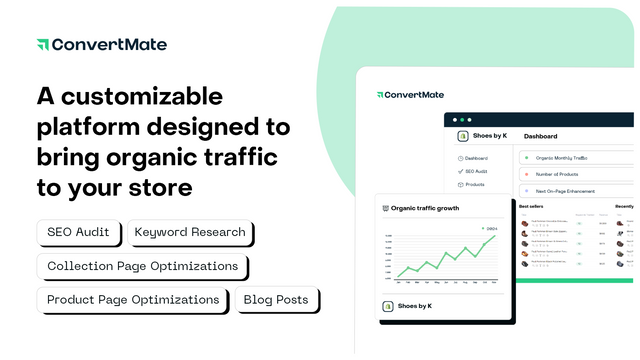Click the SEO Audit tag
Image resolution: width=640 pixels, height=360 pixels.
coord(80,233)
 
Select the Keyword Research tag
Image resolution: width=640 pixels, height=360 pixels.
coord(190,233)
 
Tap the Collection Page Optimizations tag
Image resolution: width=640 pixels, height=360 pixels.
coord(142,267)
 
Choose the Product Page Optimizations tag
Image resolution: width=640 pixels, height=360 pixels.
coord(132,300)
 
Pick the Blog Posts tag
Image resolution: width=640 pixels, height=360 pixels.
coord(279,300)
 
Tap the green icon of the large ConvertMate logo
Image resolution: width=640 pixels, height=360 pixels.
coord(42,45)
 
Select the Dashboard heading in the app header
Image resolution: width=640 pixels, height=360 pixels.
coord(541,136)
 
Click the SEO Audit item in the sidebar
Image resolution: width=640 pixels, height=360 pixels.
coord(475,171)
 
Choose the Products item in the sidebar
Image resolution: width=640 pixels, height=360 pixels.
coord(474,184)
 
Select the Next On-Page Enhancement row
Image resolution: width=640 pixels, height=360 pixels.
coord(565,190)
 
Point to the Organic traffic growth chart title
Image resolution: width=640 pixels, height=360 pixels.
coord(425,209)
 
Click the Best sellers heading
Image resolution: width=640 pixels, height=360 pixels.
coord(531,206)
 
